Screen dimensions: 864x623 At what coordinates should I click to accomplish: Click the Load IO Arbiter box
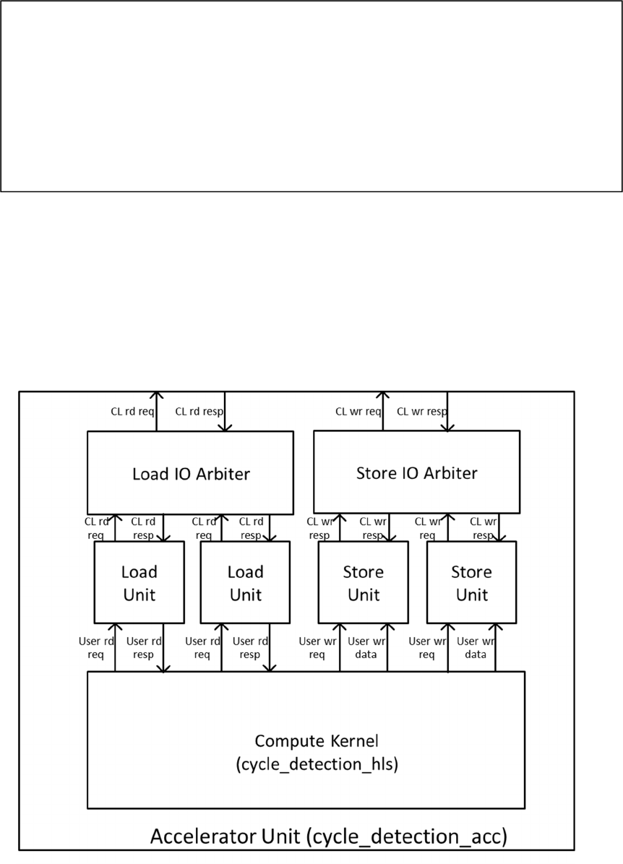coord(190,473)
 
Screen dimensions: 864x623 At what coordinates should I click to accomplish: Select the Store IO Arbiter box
coord(416,473)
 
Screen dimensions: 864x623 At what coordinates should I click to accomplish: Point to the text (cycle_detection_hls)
coord(317,765)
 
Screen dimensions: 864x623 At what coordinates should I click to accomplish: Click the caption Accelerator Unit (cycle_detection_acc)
coord(329,837)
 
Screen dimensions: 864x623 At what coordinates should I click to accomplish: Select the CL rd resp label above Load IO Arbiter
coord(199,412)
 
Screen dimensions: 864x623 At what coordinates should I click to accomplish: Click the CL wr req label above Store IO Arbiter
coord(358,412)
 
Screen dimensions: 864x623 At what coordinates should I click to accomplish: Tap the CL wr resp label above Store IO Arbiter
coord(422,412)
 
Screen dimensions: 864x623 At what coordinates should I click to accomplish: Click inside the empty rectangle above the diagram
coord(311,95)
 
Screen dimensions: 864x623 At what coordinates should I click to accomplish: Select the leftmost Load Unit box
coord(139,582)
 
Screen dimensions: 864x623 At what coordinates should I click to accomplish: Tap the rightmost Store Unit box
coord(471,582)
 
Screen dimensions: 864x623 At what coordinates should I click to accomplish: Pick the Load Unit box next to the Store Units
coord(245,582)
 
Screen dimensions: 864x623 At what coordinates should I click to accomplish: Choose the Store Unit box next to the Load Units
coord(363,582)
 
